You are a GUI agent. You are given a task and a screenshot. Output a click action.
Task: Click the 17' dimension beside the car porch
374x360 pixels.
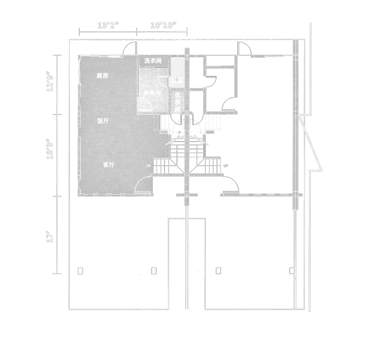point(50,238)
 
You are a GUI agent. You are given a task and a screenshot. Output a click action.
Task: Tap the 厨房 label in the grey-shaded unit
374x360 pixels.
point(102,76)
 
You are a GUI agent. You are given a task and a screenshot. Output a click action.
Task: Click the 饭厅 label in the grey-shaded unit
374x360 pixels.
point(103,121)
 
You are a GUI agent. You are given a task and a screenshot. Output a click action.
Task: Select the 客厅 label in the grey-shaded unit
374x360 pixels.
point(109,165)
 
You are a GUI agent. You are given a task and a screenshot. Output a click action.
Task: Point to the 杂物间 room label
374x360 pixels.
point(152,93)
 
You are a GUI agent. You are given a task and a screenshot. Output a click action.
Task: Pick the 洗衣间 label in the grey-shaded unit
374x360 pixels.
point(153,61)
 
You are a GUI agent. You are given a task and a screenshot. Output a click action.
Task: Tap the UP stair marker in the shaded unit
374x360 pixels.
point(149,166)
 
